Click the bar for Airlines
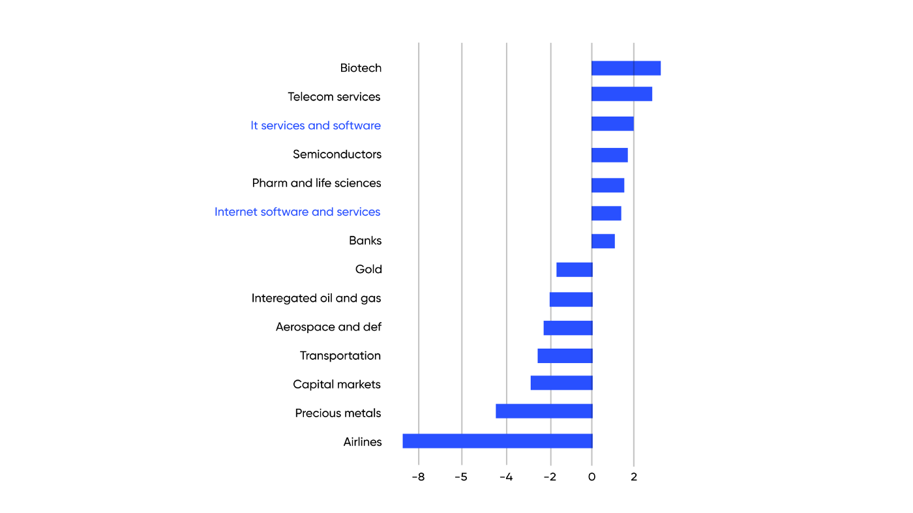[x=497, y=441]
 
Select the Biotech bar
[x=625, y=68]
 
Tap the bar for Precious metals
[x=544, y=411]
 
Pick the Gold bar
[x=574, y=269]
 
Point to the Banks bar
[x=603, y=241]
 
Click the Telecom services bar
[x=621, y=94]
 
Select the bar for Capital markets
[x=561, y=383]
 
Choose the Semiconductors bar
[x=609, y=154]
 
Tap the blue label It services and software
[x=316, y=125]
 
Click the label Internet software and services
[x=297, y=212]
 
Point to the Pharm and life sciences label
[x=316, y=183]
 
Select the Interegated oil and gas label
[x=316, y=299]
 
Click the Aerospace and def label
[x=328, y=327]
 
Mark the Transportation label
[x=340, y=356]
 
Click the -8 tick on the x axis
[x=417, y=477]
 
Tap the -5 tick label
[x=461, y=477]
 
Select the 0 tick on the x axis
[x=591, y=477]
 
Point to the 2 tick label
[x=634, y=477]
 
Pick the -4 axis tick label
[x=505, y=477]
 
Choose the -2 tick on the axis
[x=550, y=477]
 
